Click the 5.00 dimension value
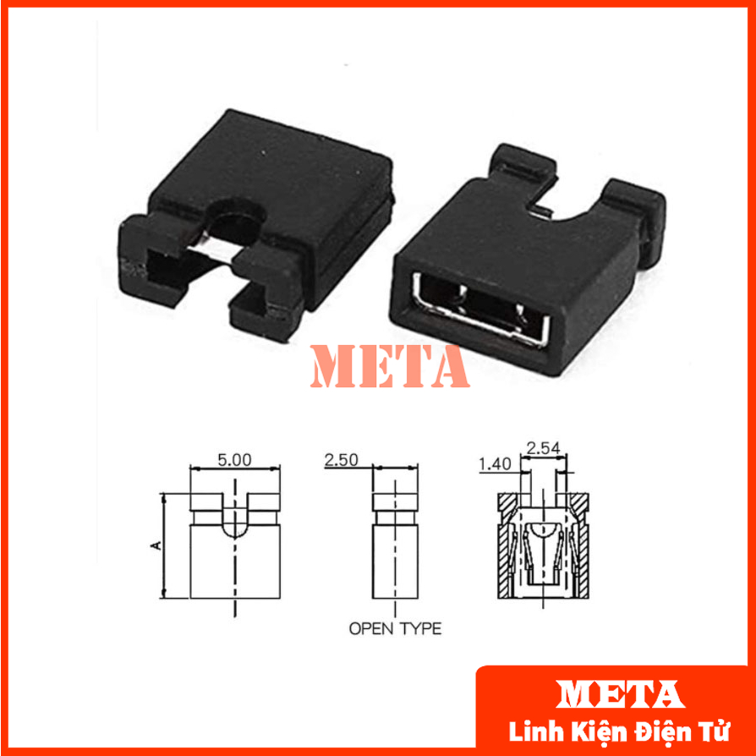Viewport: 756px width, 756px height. pyautogui.click(x=234, y=461)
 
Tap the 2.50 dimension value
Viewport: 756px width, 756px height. pyautogui.click(x=341, y=460)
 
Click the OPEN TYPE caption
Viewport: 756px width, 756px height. pyautogui.click(x=395, y=628)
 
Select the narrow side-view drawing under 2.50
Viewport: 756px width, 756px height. pyautogui.click(x=396, y=541)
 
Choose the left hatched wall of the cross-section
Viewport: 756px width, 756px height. pyautogui.click(x=505, y=550)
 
